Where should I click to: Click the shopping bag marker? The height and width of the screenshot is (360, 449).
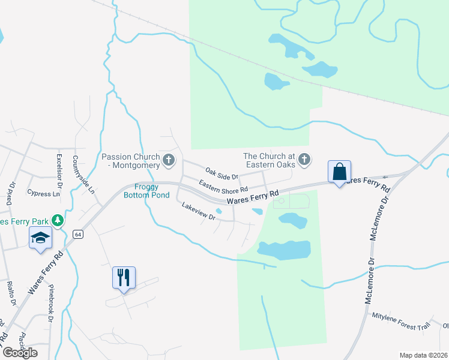click(340, 172)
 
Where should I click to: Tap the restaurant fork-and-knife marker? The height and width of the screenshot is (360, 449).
click(124, 277)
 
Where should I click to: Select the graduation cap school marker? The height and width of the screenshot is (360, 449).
click(40, 238)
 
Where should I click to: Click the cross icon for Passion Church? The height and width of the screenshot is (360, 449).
click(169, 160)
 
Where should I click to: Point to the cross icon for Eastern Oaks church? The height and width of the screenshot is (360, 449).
click(304, 160)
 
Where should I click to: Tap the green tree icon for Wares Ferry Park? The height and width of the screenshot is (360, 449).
click(58, 221)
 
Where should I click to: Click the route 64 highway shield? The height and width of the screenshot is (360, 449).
click(77, 233)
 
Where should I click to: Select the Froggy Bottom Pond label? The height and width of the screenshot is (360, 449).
click(142, 190)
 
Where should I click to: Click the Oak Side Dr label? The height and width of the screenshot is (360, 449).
click(222, 174)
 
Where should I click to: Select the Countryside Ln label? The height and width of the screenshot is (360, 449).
click(84, 174)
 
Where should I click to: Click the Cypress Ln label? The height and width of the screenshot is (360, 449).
click(44, 194)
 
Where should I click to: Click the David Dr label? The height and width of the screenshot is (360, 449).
click(10, 195)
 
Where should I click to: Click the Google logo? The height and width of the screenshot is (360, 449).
click(20, 352)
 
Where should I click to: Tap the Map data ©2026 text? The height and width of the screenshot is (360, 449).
click(424, 355)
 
